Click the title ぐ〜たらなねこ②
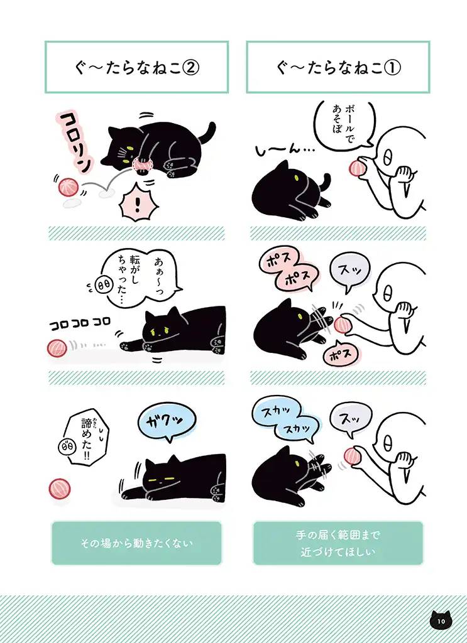coord(136,67)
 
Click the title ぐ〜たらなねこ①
coord(338,67)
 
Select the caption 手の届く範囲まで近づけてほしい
coord(338,543)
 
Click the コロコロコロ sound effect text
coord(80,322)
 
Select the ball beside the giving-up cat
coord(60,488)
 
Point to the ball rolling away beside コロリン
coord(67,186)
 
